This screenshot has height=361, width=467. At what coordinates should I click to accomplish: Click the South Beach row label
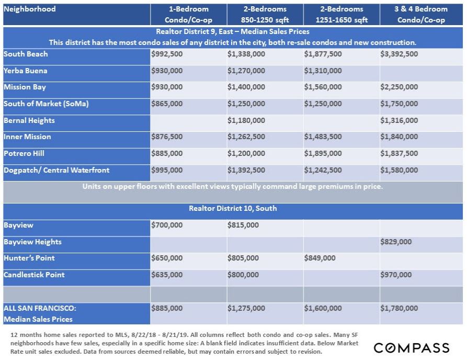(26, 54)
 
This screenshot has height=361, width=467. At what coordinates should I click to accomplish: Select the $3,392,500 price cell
(399, 54)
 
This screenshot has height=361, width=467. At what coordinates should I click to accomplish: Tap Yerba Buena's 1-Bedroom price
(167, 71)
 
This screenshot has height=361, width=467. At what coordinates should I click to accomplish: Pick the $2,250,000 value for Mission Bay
(399, 87)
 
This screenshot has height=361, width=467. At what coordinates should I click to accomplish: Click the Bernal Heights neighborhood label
(29, 120)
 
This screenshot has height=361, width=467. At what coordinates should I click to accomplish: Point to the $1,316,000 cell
(399, 120)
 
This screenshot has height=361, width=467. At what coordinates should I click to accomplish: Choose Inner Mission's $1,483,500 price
(323, 137)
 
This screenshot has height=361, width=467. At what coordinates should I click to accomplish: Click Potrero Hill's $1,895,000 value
(323, 154)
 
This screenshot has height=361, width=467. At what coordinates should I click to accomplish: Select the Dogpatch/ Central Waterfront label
(56, 170)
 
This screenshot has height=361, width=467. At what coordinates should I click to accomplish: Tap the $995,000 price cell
(167, 170)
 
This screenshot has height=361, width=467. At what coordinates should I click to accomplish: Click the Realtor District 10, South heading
(233, 208)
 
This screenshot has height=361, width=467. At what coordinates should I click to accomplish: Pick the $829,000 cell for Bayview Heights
(396, 242)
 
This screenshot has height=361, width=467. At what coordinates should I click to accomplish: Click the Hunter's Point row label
(29, 258)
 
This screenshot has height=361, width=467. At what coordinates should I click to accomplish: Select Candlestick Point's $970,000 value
(396, 275)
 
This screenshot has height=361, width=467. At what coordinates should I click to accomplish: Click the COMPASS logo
(411, 348)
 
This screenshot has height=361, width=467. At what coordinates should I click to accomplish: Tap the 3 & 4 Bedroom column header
(421, 15)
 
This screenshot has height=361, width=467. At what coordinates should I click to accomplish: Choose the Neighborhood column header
(30, 9)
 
